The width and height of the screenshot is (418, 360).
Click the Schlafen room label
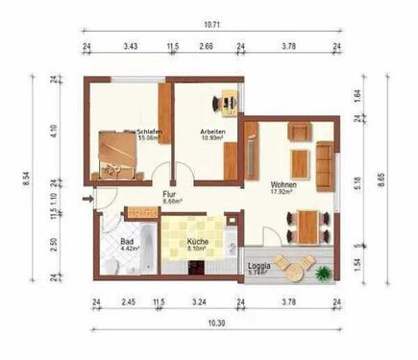coord(148,132)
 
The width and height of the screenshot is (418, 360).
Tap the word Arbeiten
coord(213,132)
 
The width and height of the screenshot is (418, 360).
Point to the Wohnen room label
coord(282,184)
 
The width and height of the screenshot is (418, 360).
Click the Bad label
coord(126,242)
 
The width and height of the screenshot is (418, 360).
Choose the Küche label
coord(198,242)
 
